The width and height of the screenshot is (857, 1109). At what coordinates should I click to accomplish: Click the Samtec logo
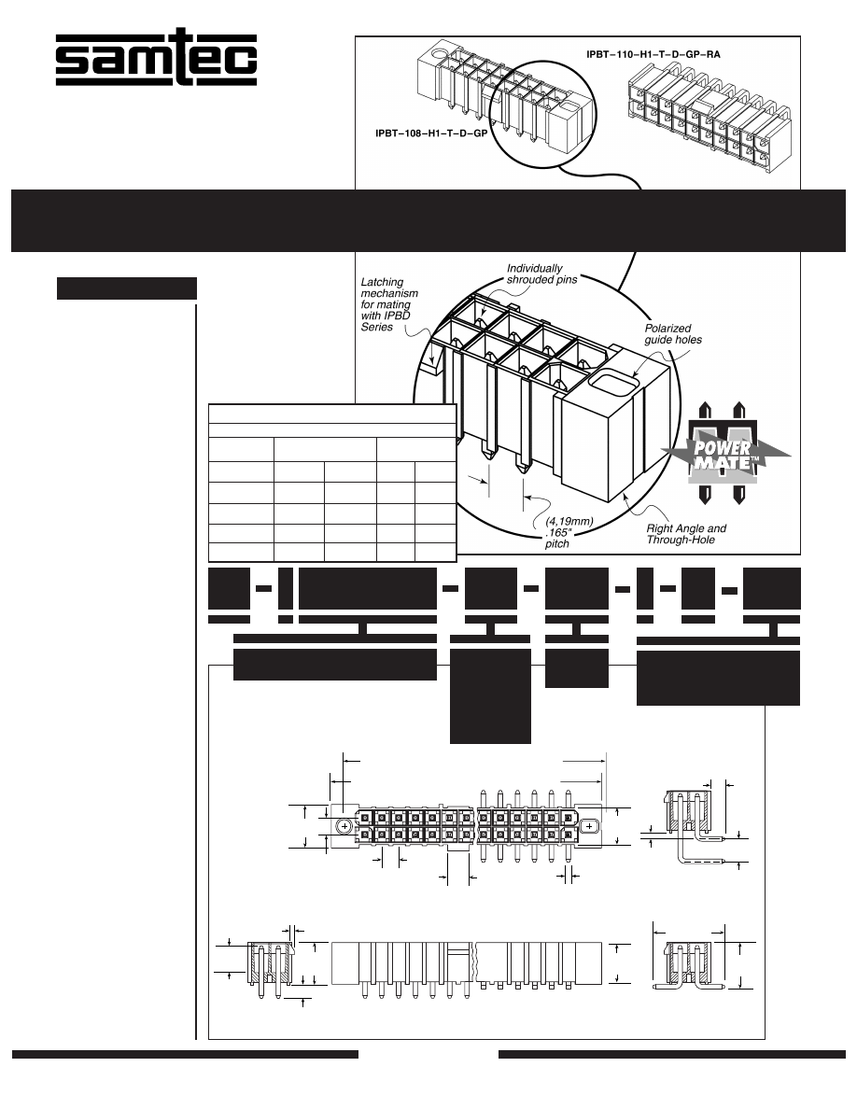tap(156, 57)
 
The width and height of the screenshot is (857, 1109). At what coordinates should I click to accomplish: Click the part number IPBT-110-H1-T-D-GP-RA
tap(653, 54)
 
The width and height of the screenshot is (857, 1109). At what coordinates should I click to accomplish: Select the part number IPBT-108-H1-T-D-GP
tap(431, 133)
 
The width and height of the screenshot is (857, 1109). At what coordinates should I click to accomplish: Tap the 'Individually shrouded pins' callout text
tap(541, 274)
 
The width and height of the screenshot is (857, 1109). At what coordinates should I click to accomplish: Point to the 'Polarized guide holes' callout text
tap(673, 334)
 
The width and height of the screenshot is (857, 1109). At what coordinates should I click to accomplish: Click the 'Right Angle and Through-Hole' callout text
tap(686, 534)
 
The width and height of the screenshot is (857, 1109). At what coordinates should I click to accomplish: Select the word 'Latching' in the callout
tap(382, 282)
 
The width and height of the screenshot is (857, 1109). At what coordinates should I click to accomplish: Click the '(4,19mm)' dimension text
tap(569, 521)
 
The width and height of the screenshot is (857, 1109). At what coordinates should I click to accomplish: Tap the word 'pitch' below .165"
tap(557, 544)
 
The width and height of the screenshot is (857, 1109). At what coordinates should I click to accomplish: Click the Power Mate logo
tap(724, 454)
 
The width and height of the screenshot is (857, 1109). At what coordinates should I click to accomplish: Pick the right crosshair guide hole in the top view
tap(589, 826)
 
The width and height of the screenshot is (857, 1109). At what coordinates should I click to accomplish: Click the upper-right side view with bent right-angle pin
tap(696, 826)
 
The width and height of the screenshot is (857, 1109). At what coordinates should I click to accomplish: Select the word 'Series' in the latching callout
tap(377, 328)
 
